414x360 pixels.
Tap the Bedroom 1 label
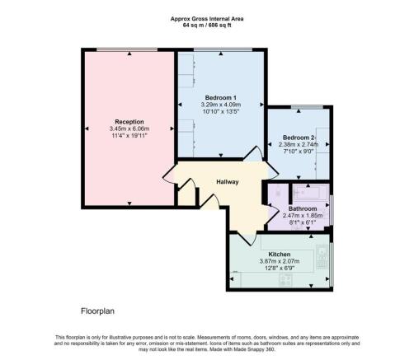(219, 97)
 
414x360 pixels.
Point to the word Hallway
(228, 182)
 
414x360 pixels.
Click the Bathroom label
(303, 208)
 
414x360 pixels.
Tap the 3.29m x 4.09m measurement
(219, 105)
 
